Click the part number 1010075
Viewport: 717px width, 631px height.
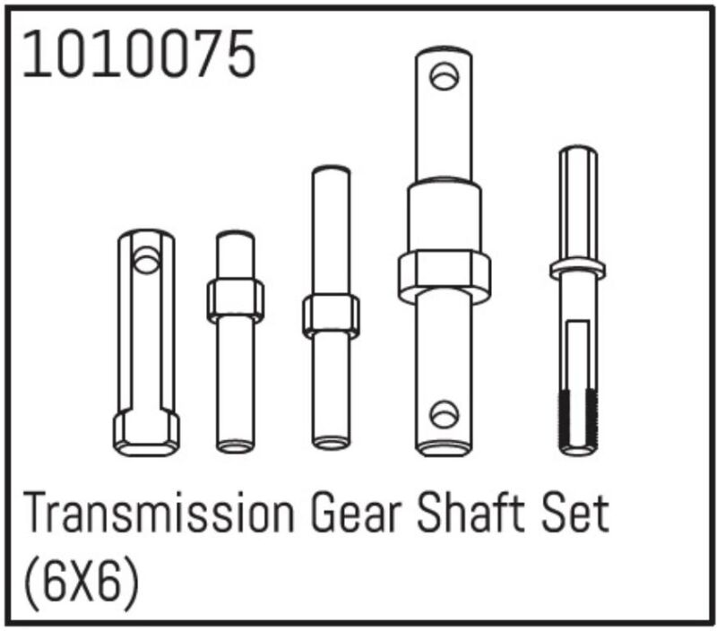(x=139, y=56)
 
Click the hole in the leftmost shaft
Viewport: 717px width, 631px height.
(x=145, y=261)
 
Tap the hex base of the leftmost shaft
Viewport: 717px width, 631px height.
(x=145, y=431)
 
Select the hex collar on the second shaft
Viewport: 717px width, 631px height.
(x=236, y=299)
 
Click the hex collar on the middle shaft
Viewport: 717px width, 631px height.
(x=331, y=315)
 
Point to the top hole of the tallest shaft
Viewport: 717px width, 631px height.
(x=443, y=76)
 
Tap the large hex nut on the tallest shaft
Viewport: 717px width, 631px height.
(x=445, y=276)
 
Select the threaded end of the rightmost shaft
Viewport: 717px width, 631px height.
(x=578, y=419)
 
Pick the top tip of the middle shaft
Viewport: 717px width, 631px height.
(x=331, y=171)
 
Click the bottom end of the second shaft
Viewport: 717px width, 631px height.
(x=236, y=443)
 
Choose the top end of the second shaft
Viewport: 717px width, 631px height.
(x=236, y=237)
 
